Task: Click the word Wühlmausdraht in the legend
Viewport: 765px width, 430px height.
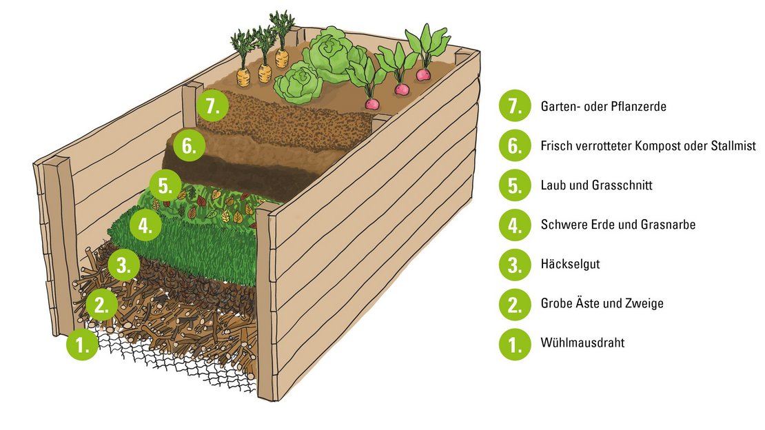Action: (x=582, y=342)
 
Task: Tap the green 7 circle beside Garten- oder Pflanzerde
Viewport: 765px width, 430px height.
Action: (x=514, y=107)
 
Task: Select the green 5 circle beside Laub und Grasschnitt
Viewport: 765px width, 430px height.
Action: (x=514, y=185)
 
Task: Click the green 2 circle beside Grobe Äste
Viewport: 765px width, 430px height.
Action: (x=514, y=303)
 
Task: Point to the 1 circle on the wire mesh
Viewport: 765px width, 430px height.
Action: (x=83, y=345)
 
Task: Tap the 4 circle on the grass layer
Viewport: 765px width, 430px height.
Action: (x=144, y=226)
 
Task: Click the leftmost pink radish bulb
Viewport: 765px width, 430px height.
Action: (x=372, y=103)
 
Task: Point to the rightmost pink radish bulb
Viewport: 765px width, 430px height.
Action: (x=423, y=74)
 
